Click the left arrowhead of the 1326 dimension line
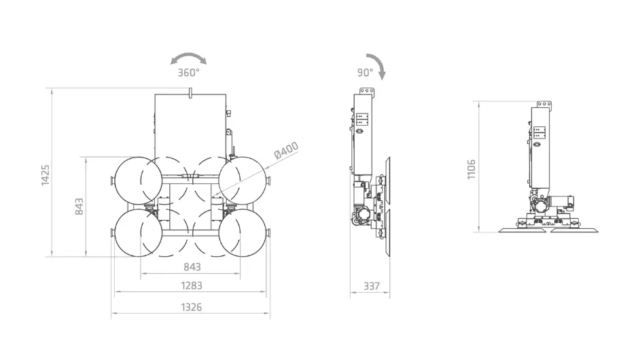point(113,313)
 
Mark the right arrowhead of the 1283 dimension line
point(264,291)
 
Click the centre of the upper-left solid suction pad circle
point(139,181)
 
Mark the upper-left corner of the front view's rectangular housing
point(155,94)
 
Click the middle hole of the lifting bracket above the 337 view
point(366,90)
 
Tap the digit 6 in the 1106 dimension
point(471,163)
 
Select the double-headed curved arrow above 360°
point(189,59)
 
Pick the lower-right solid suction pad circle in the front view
point(243,233)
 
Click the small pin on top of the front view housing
point(190,92)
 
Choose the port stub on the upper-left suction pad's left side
point(113,181)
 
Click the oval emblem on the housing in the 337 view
point(360,131)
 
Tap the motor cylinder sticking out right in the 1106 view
point(562,202)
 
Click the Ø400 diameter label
point(287,150)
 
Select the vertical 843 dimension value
point(79,206)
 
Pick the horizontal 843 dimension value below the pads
point(192,267)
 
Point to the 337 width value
point(372,286)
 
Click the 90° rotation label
point(366,73)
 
